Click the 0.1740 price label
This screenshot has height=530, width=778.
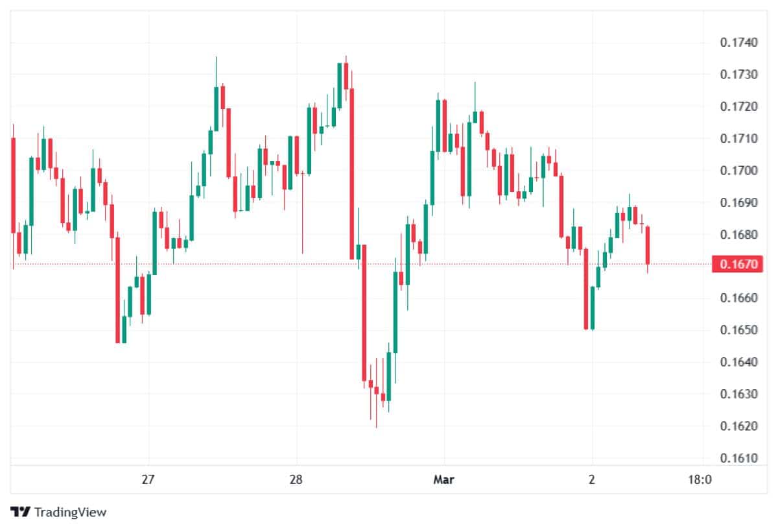click(x=738, y=43)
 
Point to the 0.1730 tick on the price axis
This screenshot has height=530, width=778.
click(x=738, y=75)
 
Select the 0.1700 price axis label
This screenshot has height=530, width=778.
click(x=738, y=171)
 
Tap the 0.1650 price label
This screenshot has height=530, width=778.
click(x=738, y=330)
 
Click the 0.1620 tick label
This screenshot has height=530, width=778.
click(x=738, y=426)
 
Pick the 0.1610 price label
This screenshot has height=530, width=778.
click(x=738, y=458)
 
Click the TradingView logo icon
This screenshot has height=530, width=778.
click(x=21, y=512)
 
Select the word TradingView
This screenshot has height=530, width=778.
click(x=70, y=512)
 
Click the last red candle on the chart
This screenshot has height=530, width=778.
click(x=648, y=245)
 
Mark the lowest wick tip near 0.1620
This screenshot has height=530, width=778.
click(x=376, y=427)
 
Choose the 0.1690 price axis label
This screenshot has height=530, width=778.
click(x=738, y=202)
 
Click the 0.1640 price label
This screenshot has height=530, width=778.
click(x=738, y=362)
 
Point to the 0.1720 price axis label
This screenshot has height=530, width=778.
click(x=738, y=106)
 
